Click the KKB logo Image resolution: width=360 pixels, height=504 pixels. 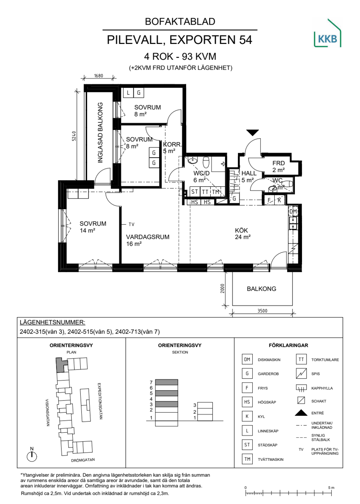click(327, 33)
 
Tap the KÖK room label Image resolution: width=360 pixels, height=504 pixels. click(241, 230)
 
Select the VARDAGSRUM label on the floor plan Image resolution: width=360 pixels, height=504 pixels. click(148, 237)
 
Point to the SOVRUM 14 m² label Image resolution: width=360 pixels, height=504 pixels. click(93, 227)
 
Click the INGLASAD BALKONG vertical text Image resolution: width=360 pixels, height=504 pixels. click(100, 133)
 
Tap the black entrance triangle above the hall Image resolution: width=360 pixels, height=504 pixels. click(252, 133)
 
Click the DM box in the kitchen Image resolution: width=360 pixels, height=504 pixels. click(293, 211)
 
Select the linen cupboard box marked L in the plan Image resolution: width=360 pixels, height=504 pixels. click(128, 92)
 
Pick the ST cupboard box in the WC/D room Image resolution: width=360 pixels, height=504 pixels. click(195, 192)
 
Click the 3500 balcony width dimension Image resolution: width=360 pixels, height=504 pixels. click(262, 311)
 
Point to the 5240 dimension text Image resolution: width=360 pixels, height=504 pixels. click(74, 136)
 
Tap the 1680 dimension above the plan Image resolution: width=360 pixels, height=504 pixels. click(99, 76)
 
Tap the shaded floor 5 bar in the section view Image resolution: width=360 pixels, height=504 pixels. click(166, 393)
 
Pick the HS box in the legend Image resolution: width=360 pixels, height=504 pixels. click(247, 402)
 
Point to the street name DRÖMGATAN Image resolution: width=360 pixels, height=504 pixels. click(83, 460)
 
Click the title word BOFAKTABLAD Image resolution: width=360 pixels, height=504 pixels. click(180, 22)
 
